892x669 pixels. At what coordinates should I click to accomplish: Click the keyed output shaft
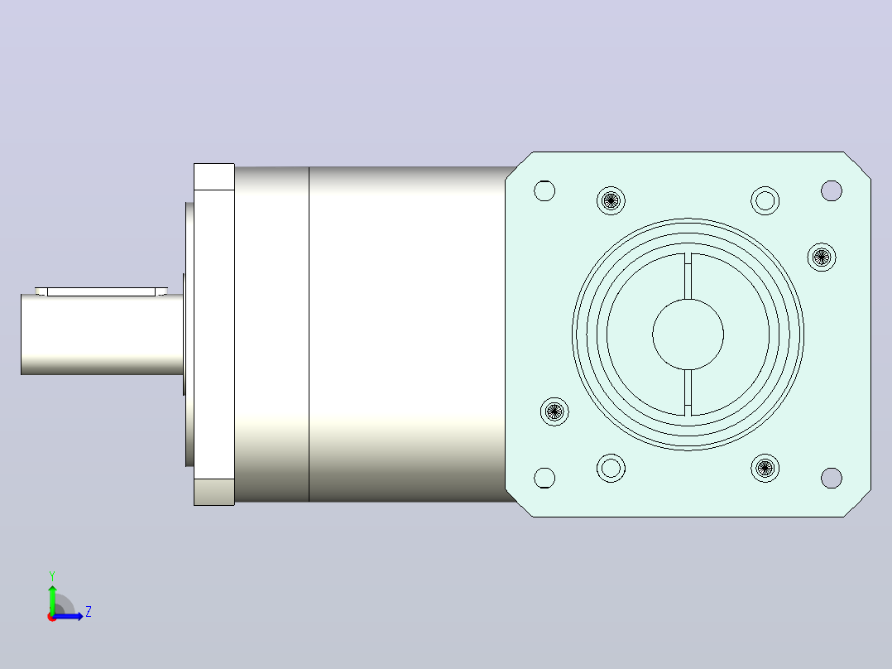pyautogui.click(x=103, y=334)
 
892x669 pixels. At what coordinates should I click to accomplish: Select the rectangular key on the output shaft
pyautogui.click(x=101, y=291)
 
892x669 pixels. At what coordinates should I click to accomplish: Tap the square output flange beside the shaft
pyautogui.click(x=214, y=334)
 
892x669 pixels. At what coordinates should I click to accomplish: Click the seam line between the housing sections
pyautogui.click(x=309, y=334)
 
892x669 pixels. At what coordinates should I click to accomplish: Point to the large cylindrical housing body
pyautogui.click(x=407, y=334)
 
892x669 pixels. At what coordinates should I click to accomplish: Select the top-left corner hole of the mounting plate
pyautogui.click(x=544, y=190)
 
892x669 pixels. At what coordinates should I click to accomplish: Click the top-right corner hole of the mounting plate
pyautogui.click(x=832, y=190)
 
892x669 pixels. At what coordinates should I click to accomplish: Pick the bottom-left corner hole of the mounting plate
pyautogui.click(x=544, y=478)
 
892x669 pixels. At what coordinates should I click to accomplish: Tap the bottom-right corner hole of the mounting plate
pyautogui.click(x=832, y=478)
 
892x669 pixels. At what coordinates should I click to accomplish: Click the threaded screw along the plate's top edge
pyautogui.click(x=611, y=200)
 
